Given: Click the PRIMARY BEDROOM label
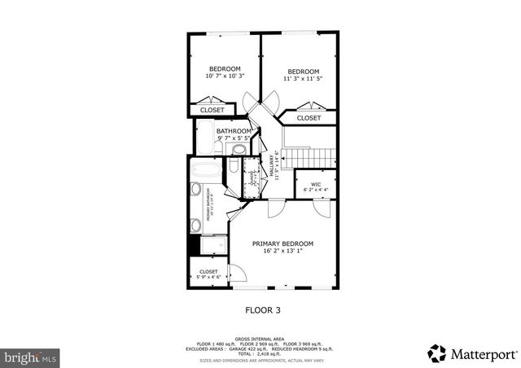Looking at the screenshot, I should click(x=282, y=243).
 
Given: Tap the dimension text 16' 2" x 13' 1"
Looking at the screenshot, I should click(x=282, y=251).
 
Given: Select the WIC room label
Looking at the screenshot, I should click(x=316, y=184).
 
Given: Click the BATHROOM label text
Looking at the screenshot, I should click(x=234, y=131).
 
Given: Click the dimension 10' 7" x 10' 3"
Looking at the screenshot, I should click(x=224, y=76).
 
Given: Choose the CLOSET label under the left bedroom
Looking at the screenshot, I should click(x=212, y=110).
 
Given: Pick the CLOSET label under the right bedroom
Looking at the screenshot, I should click(x=309, y=118).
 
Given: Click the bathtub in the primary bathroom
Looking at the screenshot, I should click(x=207, y=172).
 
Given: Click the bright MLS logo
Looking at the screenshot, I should click(x=31, y=357).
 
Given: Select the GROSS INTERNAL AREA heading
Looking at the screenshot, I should click(x=261, y=337).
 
